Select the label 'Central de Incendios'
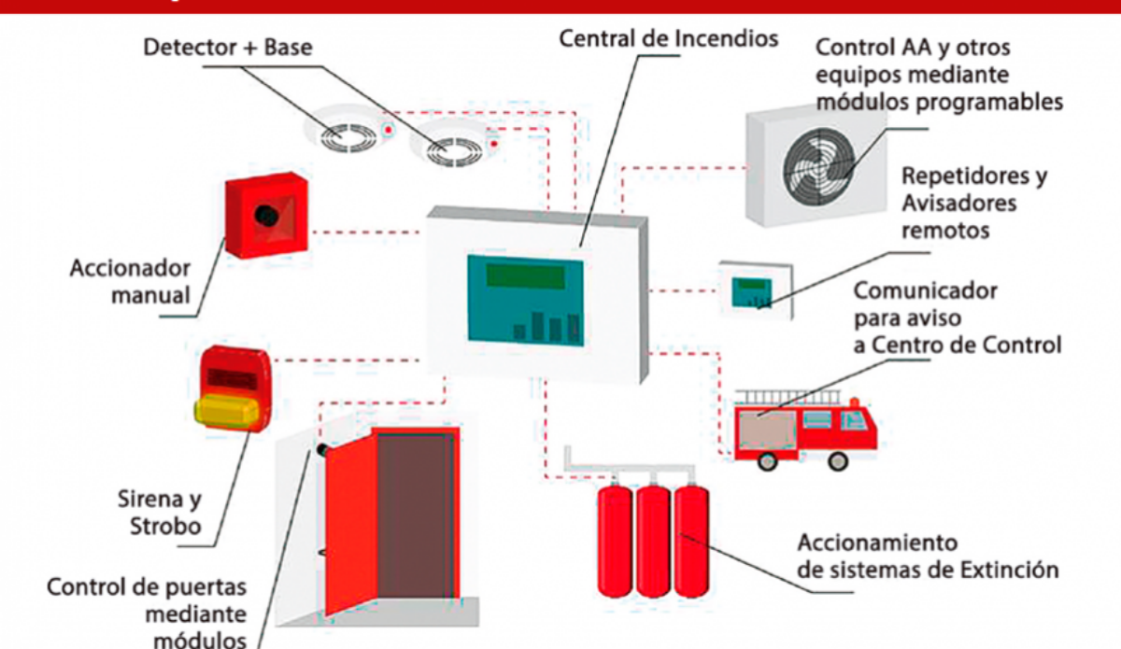(x=668, y=39)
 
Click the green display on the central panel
(x=525, y=276)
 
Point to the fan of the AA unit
(x=819, y=167)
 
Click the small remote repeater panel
(x=754, y=291)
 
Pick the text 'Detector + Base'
(x=227, y=46)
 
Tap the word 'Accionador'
(x=130, y=269)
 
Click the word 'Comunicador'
(x=925, y=290)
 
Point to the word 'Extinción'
(x=1010, y=569)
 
